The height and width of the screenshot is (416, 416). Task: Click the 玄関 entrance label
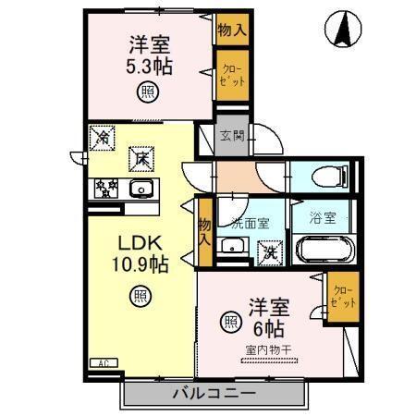pyautogui.click(x=232, y=137)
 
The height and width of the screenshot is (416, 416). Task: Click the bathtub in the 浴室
pyautogui.click(x=324, y=251)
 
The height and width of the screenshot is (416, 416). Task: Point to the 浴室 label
pyautogui.click(x=322, y=220)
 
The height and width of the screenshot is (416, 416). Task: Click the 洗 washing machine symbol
pyautogui.click(x=271, y=250)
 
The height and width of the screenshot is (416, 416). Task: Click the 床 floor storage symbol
pyautogui.click(x=139, y=158)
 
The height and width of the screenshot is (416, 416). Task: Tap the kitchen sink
pyautogui.click(x=141, y=190)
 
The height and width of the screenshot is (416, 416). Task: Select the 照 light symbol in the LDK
pyautogui.click(x=139, y=297)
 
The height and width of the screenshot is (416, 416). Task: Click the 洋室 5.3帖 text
pyautogui.click(x=146, y=55)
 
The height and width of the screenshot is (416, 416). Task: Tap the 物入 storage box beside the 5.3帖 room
pyautogui.click(x=231, y=29)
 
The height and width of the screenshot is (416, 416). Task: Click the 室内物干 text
pyautogui.click(x=267, y=349)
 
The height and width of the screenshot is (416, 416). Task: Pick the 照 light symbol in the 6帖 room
pyautogui.click(x=228, y=322)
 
